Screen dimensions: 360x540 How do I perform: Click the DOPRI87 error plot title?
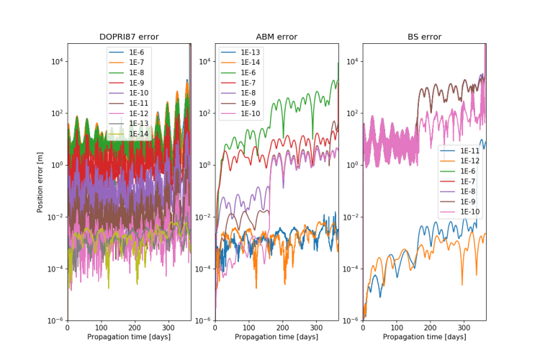pos(129,37)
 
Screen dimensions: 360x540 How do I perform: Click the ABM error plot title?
pos(276,37)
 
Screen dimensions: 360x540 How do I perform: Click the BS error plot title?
pos(424,37)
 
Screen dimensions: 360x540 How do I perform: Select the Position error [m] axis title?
pos(40,182)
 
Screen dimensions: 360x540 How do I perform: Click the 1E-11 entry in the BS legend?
pos(469,150)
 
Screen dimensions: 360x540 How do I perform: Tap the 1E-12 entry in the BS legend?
pos(469,161)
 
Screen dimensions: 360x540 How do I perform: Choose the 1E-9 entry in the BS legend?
pos(467,202)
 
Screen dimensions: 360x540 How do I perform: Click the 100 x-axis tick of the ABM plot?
pos(249,327)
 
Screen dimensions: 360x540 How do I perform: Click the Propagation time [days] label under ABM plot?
pos(276,337)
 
